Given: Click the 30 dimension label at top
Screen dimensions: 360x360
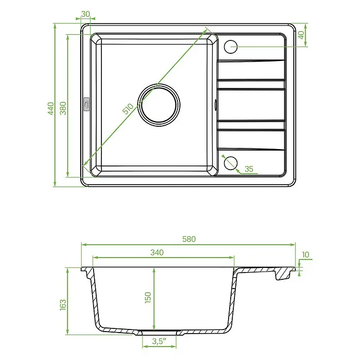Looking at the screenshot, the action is pos(85,14).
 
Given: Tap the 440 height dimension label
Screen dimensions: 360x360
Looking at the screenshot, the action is pos(51,109).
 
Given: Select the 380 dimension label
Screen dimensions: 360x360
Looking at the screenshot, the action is pos(63,108).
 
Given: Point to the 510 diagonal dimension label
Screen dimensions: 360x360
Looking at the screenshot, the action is pos(128,109).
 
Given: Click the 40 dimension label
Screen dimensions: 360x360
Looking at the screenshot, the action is pos(301,35).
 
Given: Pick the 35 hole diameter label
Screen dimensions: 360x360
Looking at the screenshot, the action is pos(249,169).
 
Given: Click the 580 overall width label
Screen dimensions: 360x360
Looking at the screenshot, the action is pos(189,239).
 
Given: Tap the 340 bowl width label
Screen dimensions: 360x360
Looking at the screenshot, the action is pos(157,252).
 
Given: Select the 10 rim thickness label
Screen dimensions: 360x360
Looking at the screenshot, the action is pos(306,254).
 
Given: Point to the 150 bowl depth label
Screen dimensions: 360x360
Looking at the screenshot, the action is pos(148,297).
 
